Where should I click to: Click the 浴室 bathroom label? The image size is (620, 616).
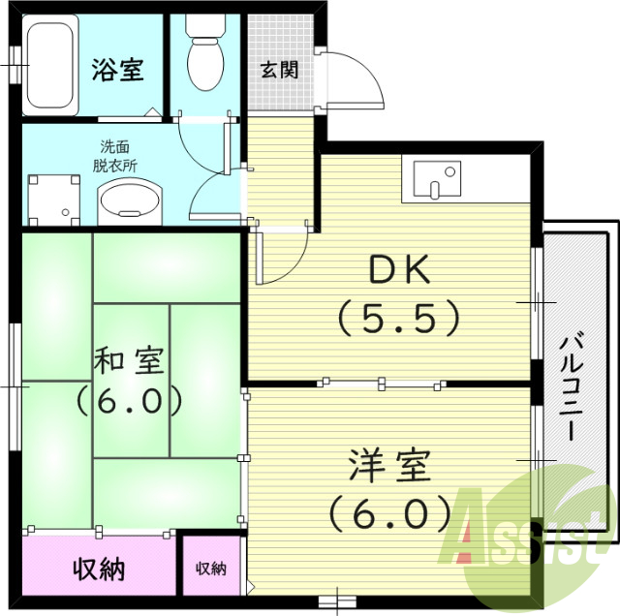pos(117,70)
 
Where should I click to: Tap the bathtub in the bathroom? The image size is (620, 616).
pos(50,65)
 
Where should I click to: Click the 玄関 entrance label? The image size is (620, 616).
pos(280,70)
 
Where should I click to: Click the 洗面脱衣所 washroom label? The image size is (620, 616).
pos(115,156)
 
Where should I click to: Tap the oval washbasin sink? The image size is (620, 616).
pos(130,200)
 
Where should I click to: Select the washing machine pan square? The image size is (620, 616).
pos(54,200)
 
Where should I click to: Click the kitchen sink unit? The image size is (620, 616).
pos(437,178)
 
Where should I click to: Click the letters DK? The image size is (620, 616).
pos(399,269)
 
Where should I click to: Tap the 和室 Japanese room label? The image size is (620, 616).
pos(129,360)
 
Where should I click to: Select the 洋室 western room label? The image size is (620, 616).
pos(389,466)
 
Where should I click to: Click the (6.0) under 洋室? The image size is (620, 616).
pos(389,513)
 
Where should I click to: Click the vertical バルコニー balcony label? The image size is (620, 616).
pos(572,387)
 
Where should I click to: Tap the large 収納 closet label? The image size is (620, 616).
pos(99,570)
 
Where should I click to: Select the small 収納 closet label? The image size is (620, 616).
pos(211,569)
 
